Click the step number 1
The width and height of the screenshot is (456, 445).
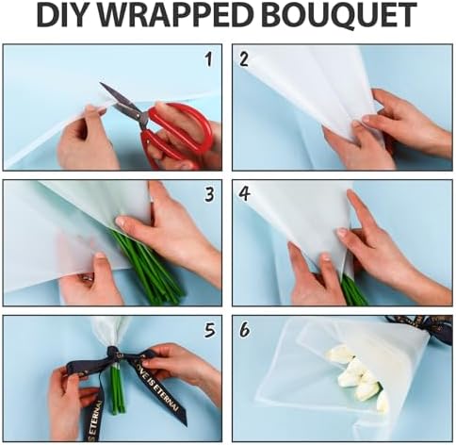208,59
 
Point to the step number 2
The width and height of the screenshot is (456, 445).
244,59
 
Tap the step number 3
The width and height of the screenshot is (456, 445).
209,194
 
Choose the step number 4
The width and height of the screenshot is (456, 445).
244,194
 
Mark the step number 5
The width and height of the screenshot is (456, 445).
210,330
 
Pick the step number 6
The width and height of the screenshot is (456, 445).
244,330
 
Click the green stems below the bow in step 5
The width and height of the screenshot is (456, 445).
117,388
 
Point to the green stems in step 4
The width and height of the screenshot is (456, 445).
353,290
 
